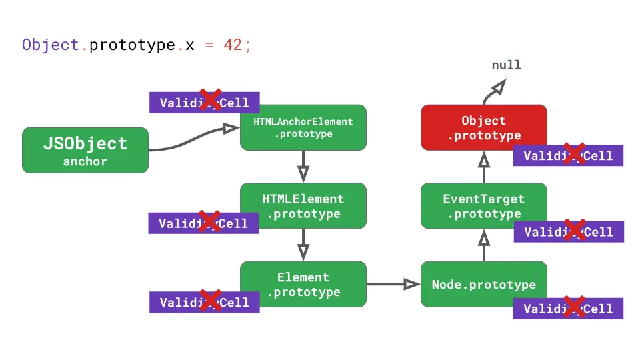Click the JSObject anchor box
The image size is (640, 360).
pyautogui.click(x=85, y=151)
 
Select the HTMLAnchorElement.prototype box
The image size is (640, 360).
pyautogui.click(x=303, y=127)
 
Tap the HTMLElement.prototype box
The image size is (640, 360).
pyautogui.click(x=303, y=206)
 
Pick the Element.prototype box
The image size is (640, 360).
pyautogui.click(x=303, y=284)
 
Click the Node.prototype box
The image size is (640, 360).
pyautogui.click(x=483, y=284)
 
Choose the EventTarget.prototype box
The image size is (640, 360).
pyautogui.click(x=483, y=206)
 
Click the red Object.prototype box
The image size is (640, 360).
pyautogui.click(x=483, y=127)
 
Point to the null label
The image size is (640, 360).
pyautogui.click(x=506, y=65)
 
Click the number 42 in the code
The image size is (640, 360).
pyautogui.click(x=232, y=45)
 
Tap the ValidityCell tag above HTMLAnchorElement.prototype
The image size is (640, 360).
pyautogui.click(x=204, y=102)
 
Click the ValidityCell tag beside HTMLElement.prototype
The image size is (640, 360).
pyautogui.click(x=203, y=223)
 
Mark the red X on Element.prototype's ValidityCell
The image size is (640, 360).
pyautogui.click(x=211, y=301)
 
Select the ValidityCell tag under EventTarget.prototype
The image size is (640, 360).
pyautogui.click(x=568, y=231)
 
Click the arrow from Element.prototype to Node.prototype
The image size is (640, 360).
pyautogui.click(x=393, y=284)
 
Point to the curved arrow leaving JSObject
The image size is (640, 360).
pyautogui.click(x=193, y=140)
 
